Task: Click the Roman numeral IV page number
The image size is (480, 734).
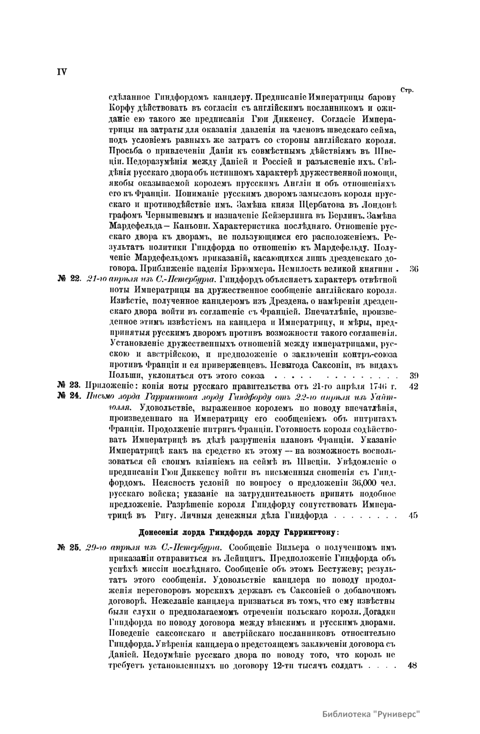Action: tap(62, 72)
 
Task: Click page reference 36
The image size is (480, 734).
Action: tap(413, 268)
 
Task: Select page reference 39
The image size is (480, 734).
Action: tap(414, 376)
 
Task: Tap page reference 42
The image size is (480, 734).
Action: tap(414, 386)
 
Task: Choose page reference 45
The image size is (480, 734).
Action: tap(413, 516)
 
